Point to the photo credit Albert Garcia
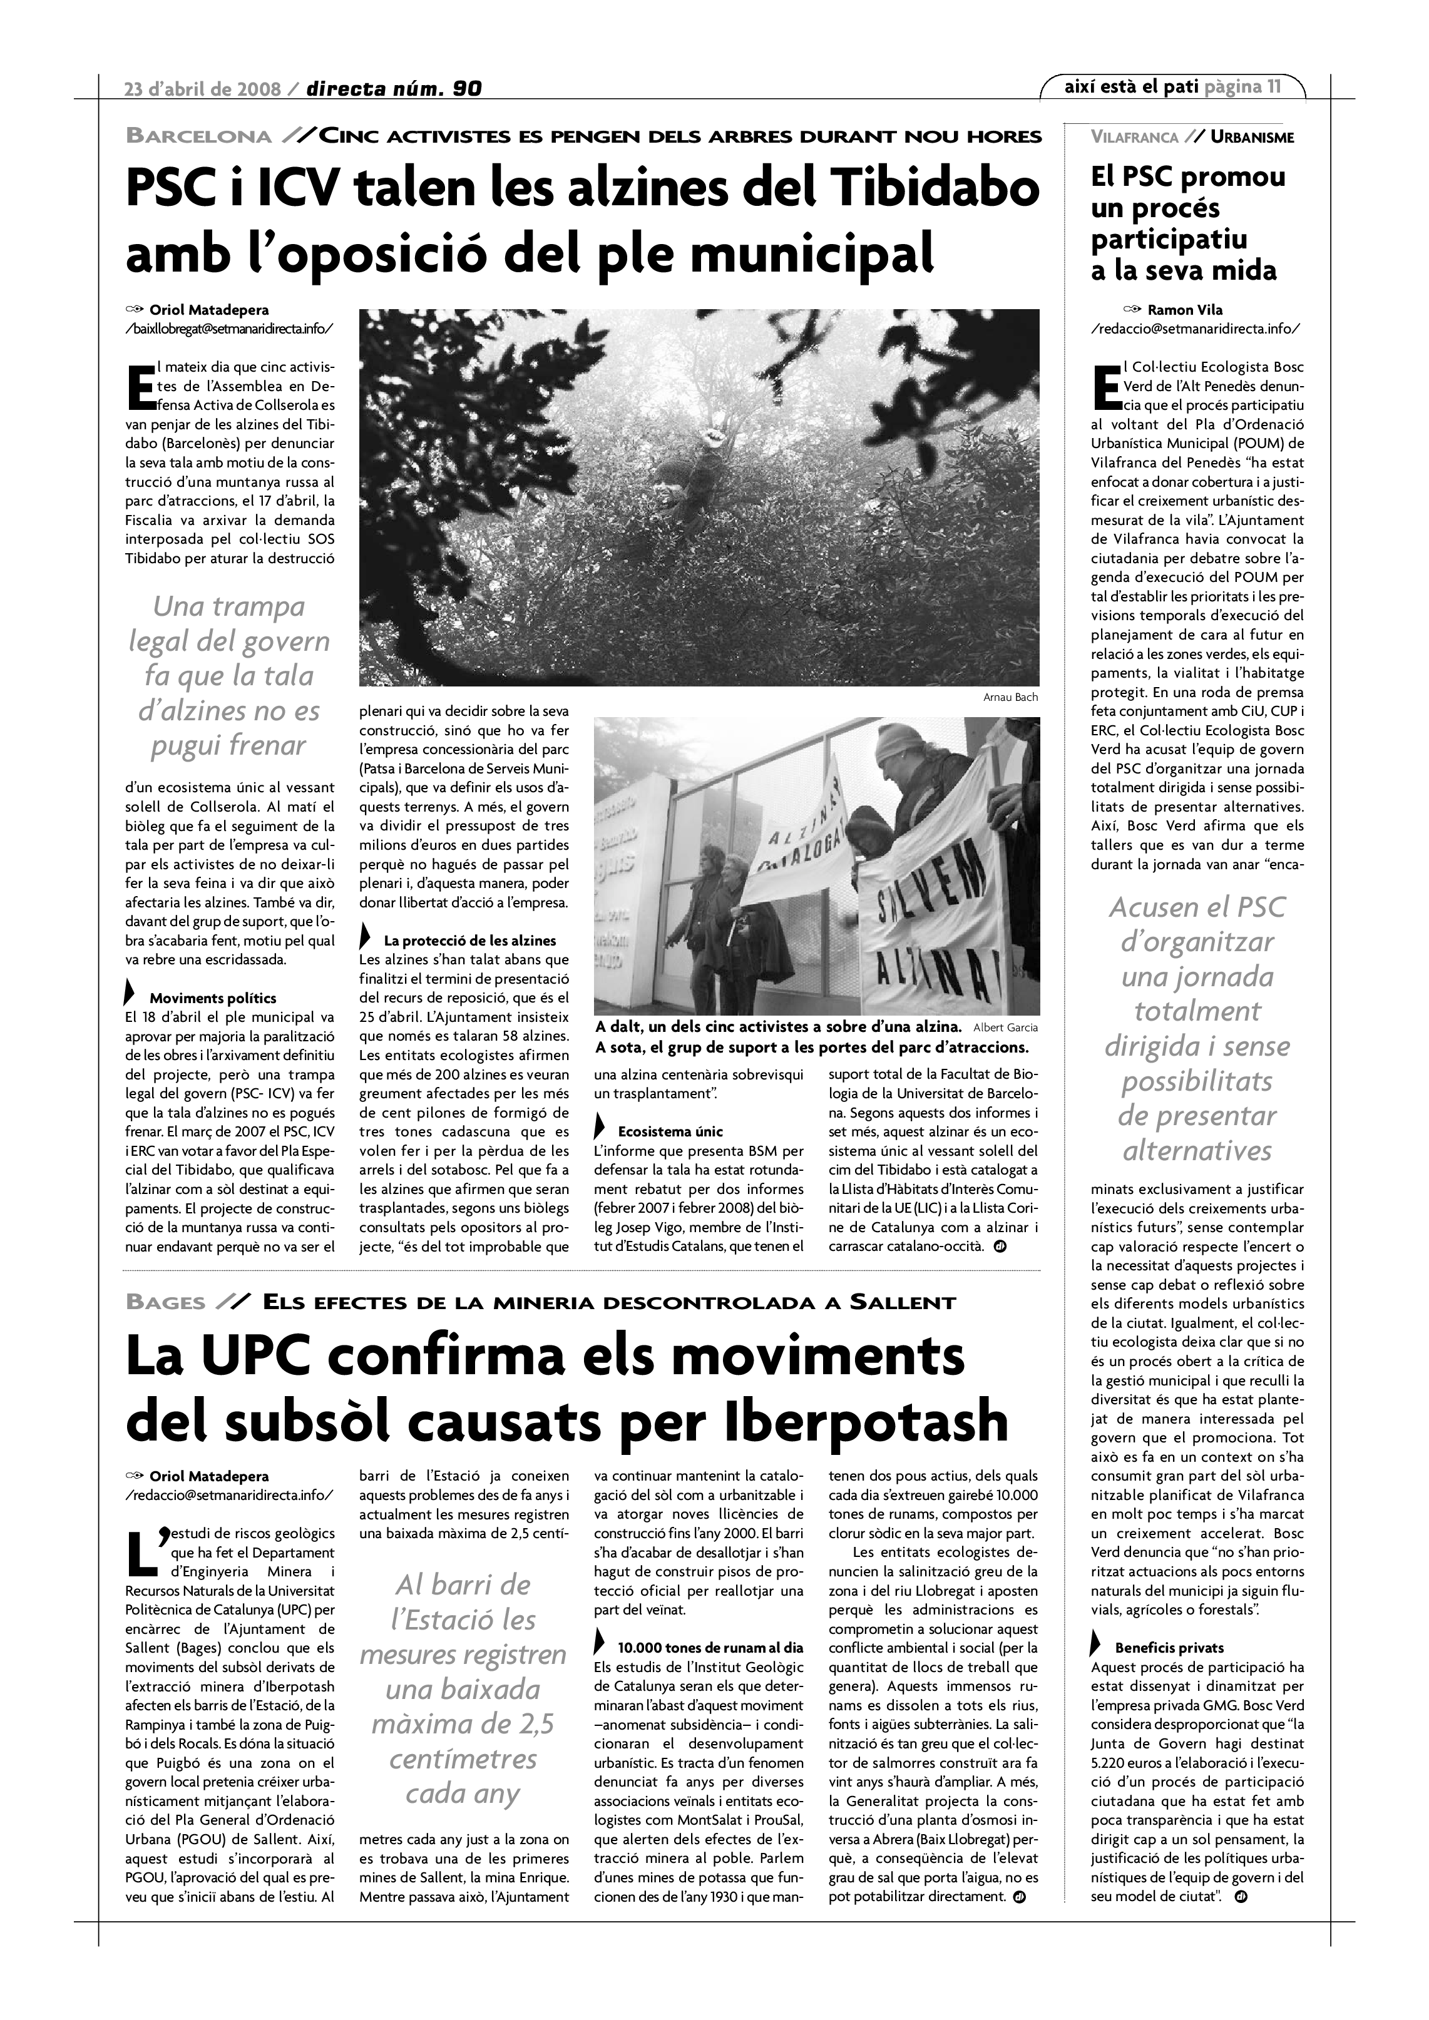tap(1006, 1028)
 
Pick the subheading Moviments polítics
tap(212, 999)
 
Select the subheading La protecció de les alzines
tap(470, 941)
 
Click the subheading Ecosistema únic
tap(670, 1131)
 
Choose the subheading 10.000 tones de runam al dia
tap(710, 1647)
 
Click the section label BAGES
tap(165, 1303)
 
